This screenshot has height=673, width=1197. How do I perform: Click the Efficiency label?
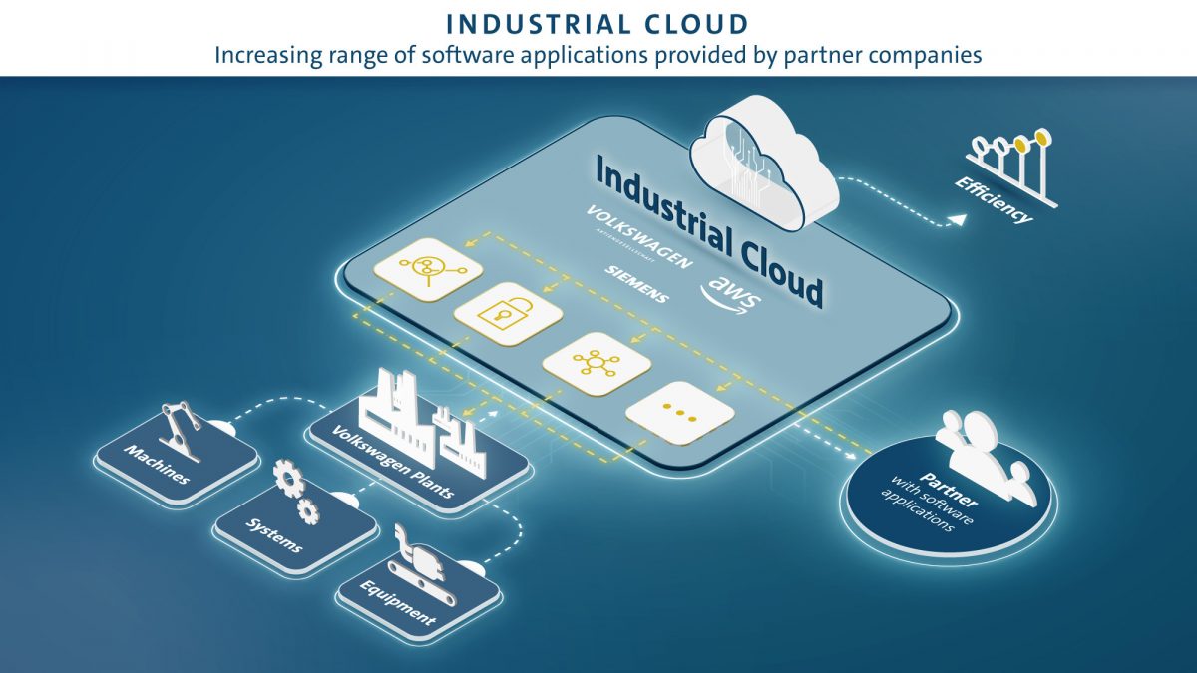click(x=993, y=199)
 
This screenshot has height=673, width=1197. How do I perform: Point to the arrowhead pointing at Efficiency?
click(x=957, y=215)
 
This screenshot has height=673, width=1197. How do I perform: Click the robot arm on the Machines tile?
click(x=182, y=430)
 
